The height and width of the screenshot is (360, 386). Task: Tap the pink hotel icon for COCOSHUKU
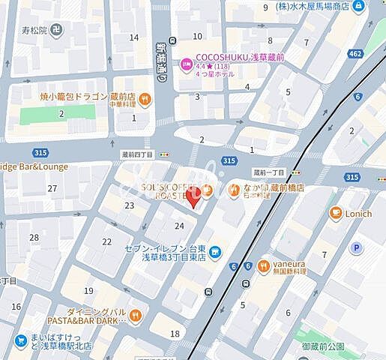(x=185, y=64)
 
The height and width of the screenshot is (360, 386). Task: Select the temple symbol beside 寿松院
(x=58, y=30)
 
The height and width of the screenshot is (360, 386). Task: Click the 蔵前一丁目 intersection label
(x=268, y=172)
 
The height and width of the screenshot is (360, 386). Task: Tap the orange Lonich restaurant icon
(x=335, y=213)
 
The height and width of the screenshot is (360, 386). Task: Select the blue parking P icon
(x=357, y=247)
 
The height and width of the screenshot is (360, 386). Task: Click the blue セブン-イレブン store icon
(x=214, y=252)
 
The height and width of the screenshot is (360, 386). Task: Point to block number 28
(x=34, y=237)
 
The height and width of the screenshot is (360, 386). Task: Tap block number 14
(x=134, y=37)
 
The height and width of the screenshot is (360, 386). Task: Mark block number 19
(x=88, y=290)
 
